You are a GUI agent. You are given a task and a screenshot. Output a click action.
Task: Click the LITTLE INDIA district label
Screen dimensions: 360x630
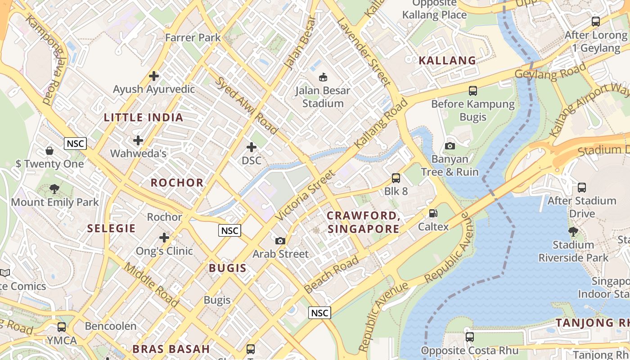144,118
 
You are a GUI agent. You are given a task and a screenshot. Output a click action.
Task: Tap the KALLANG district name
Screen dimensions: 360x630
447,61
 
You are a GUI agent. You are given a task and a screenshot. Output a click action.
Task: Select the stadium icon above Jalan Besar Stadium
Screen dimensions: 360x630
323,77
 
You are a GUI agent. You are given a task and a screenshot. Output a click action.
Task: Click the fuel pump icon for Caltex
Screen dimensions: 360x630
433,213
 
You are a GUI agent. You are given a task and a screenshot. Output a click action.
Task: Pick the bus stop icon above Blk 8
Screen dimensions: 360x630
396,178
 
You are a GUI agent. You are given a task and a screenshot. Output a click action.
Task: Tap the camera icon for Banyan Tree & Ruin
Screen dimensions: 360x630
450,146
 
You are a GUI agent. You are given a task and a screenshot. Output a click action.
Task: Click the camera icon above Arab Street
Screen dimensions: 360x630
280,241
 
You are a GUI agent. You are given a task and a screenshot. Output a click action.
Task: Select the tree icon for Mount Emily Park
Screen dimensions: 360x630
54,189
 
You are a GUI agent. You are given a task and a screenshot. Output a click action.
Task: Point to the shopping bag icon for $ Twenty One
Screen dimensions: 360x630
49,150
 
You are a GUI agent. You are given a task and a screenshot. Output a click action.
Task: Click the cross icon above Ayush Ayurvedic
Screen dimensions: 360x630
154,76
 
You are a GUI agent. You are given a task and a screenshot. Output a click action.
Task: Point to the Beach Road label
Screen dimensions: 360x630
331,274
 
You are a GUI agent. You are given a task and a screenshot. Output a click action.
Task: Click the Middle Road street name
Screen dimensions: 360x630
151,279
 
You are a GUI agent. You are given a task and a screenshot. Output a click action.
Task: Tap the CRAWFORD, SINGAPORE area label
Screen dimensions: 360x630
364,222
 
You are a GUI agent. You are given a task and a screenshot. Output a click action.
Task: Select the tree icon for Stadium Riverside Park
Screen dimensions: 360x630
573,232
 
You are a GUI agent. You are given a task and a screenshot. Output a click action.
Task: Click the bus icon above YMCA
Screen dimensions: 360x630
62,327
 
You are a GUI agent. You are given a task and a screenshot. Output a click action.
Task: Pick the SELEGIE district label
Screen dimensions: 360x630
111,229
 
